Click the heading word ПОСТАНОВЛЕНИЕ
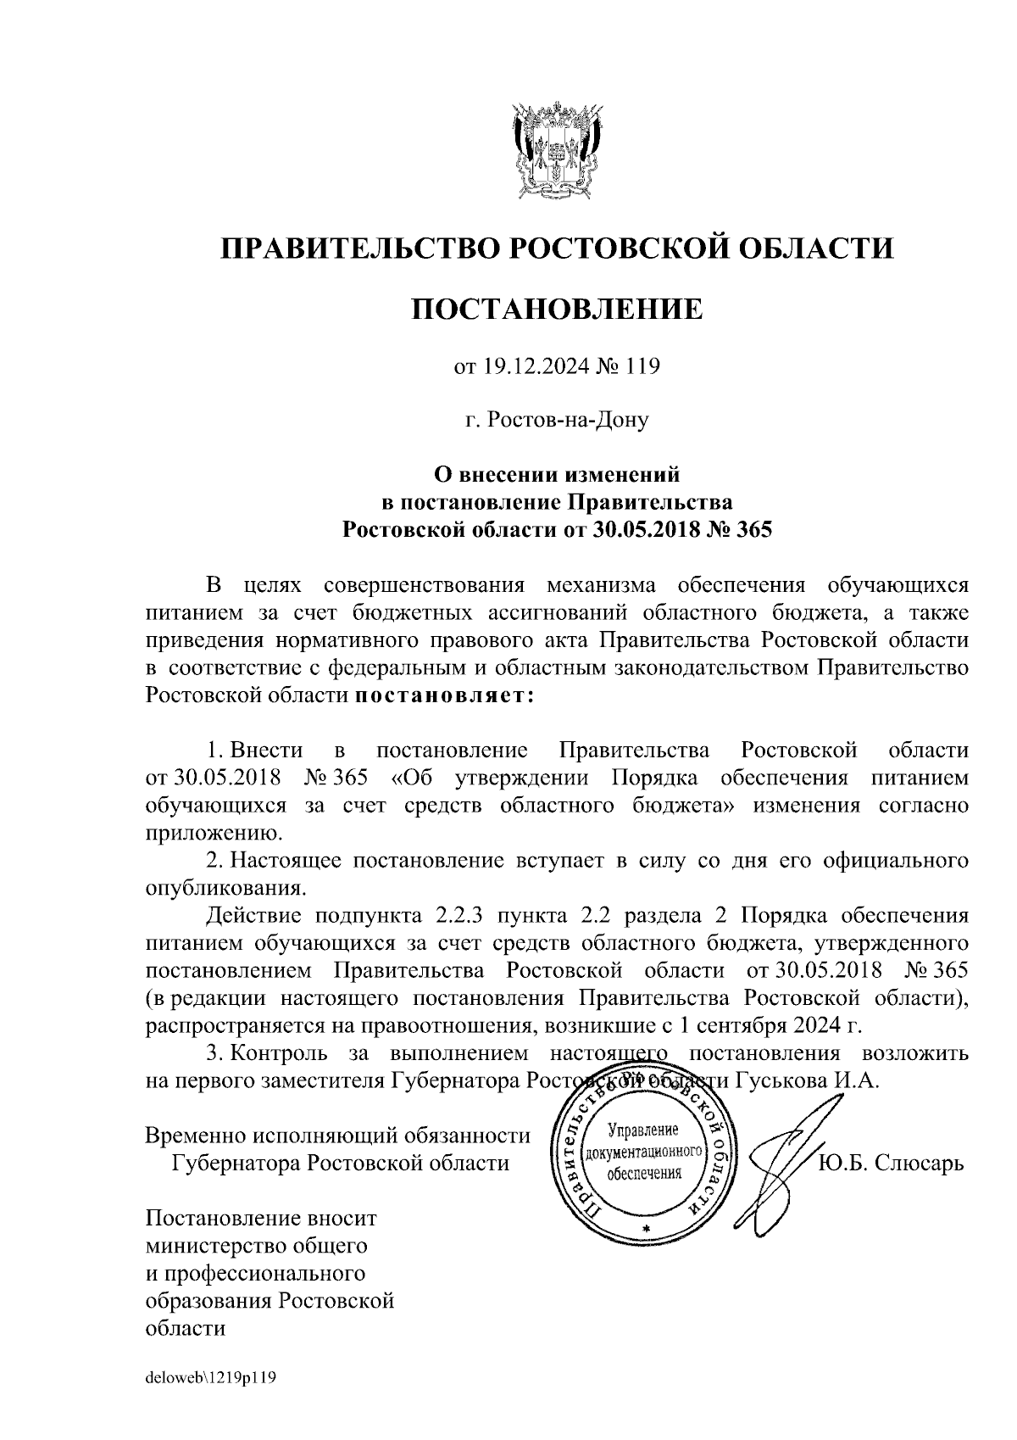(x=558, y=310)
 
